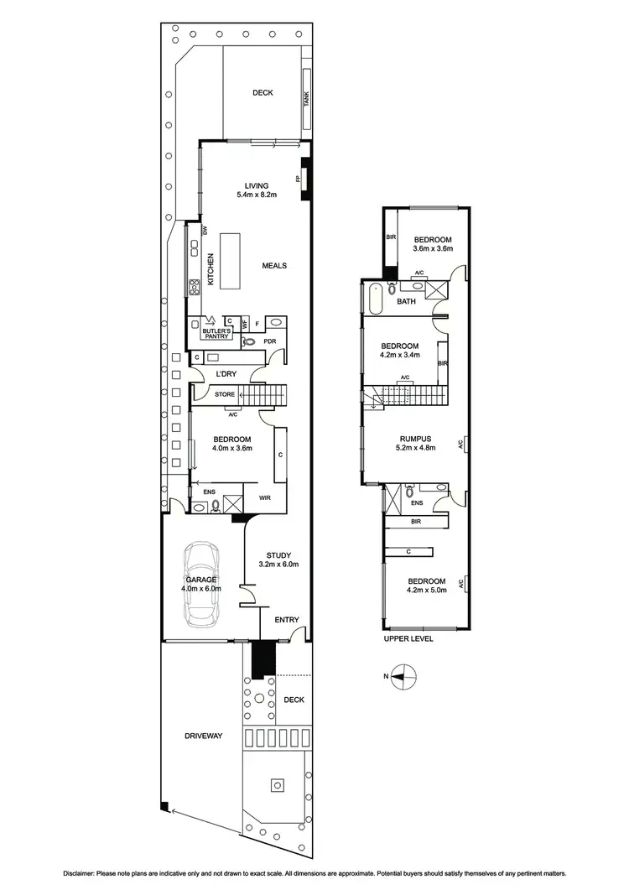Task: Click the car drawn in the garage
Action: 200,585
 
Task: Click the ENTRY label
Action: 287,620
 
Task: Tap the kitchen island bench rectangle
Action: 231,261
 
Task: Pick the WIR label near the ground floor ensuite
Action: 264,498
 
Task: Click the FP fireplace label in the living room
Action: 297,179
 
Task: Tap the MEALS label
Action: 274,266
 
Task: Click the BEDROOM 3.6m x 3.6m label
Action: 432,244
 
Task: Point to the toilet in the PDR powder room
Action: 249,342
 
